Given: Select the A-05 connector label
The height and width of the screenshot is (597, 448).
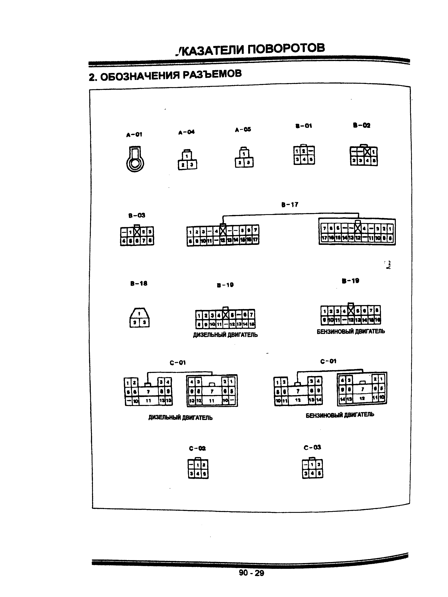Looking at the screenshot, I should click(243, 130).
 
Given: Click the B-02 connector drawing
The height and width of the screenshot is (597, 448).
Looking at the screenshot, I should click(364, 156).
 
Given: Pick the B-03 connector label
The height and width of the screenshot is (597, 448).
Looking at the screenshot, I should click(137, 215).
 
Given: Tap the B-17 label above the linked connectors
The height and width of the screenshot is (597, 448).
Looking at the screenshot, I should click(290, 205).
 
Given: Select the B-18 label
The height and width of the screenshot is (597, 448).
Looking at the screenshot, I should click(139, 283).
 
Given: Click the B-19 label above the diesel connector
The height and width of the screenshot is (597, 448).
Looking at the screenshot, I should click(225, 285).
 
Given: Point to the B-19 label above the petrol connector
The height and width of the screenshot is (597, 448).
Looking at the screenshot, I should click(350, 281).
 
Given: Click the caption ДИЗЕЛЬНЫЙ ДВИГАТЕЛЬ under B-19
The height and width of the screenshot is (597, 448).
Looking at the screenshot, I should click(225, 335).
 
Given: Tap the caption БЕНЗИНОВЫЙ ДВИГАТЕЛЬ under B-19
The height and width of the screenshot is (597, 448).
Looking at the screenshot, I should click(351, 331).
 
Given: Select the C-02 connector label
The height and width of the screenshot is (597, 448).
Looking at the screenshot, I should click(197, 449).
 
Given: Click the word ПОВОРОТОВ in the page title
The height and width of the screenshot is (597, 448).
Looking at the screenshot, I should click(286, 49).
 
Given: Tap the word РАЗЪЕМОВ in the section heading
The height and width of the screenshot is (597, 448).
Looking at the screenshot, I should click(212, 74).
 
